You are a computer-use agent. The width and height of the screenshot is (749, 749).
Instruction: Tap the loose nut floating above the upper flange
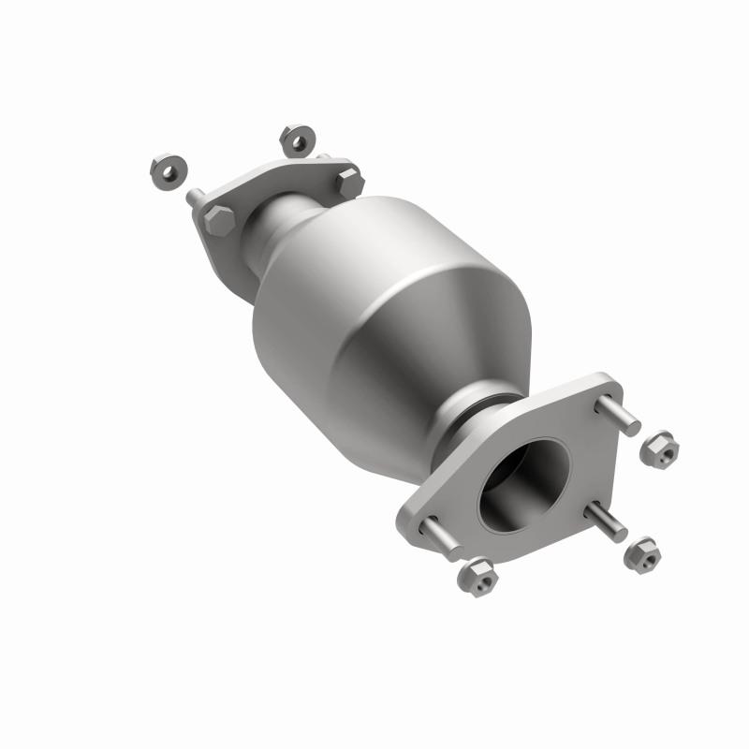point(296,140)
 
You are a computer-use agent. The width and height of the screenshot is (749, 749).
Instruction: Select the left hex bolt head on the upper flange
point(217,222)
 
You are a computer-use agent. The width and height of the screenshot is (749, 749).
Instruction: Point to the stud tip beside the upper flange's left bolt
point(193,198)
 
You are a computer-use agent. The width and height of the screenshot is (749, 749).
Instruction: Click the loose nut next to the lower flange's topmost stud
point(659,449)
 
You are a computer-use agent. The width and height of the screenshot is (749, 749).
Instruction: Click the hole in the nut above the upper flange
point(298,142)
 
